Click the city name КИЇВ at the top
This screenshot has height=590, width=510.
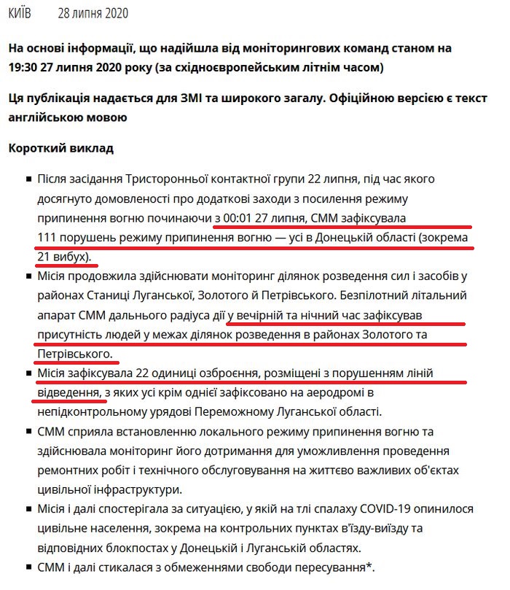coord(20,15)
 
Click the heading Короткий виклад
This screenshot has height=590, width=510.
coord(61,148)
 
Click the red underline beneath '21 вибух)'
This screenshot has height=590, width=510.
coord(66,265)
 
